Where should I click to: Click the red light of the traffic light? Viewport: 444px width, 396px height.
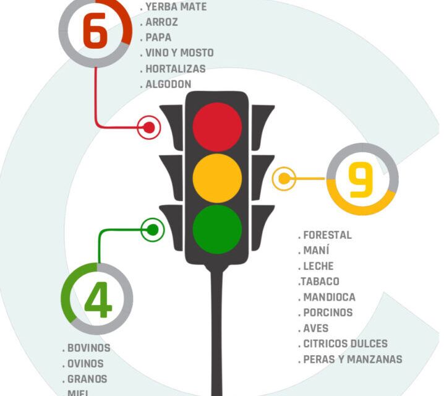(217, 127)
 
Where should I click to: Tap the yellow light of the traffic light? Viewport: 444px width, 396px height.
(217, 178)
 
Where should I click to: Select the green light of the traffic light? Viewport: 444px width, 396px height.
(217, 230)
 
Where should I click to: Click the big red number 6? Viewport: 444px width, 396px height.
(95, 31)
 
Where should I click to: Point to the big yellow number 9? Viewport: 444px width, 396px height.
(360, 180)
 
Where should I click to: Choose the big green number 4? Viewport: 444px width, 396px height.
(98, 299)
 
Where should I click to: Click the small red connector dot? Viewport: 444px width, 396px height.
(149, 127)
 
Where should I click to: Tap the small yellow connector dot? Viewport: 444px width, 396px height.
(284, 178)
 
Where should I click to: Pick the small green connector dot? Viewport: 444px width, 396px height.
(153, 230)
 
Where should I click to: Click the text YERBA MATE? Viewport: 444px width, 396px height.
(176, 7)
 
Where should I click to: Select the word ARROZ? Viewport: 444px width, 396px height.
(161, 22)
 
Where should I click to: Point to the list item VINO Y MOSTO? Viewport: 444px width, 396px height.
(179, 53)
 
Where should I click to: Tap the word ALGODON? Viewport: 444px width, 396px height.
(168, 84)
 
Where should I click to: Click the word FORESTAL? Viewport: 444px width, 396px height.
(327, 235)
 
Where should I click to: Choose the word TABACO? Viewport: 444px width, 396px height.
(320, 282)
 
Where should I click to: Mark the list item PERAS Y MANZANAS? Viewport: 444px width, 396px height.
(353, 359)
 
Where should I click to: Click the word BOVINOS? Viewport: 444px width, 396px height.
(88, 348)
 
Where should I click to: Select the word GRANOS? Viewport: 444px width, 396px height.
(87, 379)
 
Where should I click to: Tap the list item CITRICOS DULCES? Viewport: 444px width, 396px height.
(346, 343)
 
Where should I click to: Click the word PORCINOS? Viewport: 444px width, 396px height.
(328, 312)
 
